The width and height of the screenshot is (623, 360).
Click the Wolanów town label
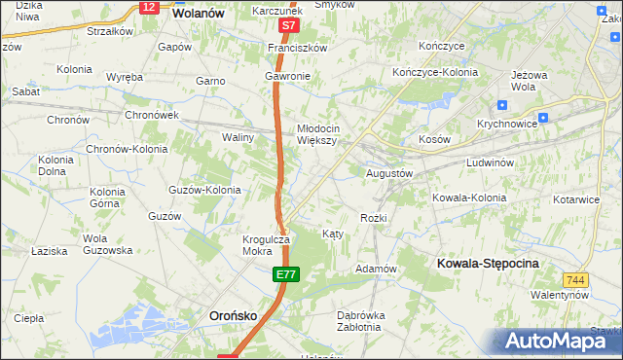coord(199,15)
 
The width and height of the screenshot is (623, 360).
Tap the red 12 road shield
coord(148,7)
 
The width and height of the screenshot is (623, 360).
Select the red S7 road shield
coord(287,26)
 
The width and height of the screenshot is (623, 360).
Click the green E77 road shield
coord(284,276)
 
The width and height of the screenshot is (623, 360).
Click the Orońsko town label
coord(234,316)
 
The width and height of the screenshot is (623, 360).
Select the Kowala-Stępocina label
coord(488,264)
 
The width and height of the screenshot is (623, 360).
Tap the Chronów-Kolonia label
coord(127,150)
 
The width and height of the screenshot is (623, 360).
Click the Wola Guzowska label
coord(107,244)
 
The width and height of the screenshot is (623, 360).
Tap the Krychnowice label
coord(507,125)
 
